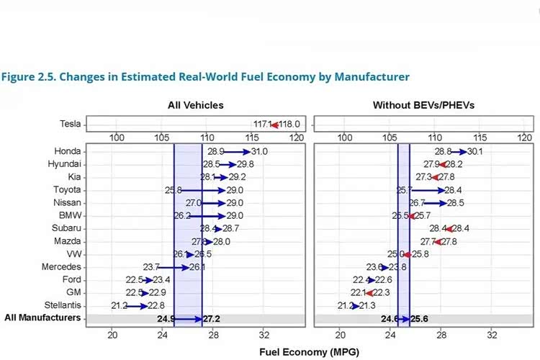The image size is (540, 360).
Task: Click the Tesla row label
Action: point(70,124)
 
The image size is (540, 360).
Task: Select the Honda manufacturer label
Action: point(67,152)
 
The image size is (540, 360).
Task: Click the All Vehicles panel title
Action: point(195,105)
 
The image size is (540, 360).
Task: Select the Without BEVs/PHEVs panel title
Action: point(423,105)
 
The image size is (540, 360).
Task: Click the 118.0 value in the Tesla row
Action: point(289,124)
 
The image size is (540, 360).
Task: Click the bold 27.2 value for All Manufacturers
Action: point(212,318)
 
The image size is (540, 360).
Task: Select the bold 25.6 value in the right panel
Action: point(420,318)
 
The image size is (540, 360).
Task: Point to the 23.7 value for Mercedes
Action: point(152,267)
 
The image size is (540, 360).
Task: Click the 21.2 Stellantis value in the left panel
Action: point(120,305)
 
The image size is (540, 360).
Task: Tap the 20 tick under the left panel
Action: point(112,335)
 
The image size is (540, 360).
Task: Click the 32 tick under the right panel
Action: point(493,335)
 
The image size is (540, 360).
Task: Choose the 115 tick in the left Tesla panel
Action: point(252,138)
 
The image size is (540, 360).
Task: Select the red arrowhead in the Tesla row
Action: point(274,124)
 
